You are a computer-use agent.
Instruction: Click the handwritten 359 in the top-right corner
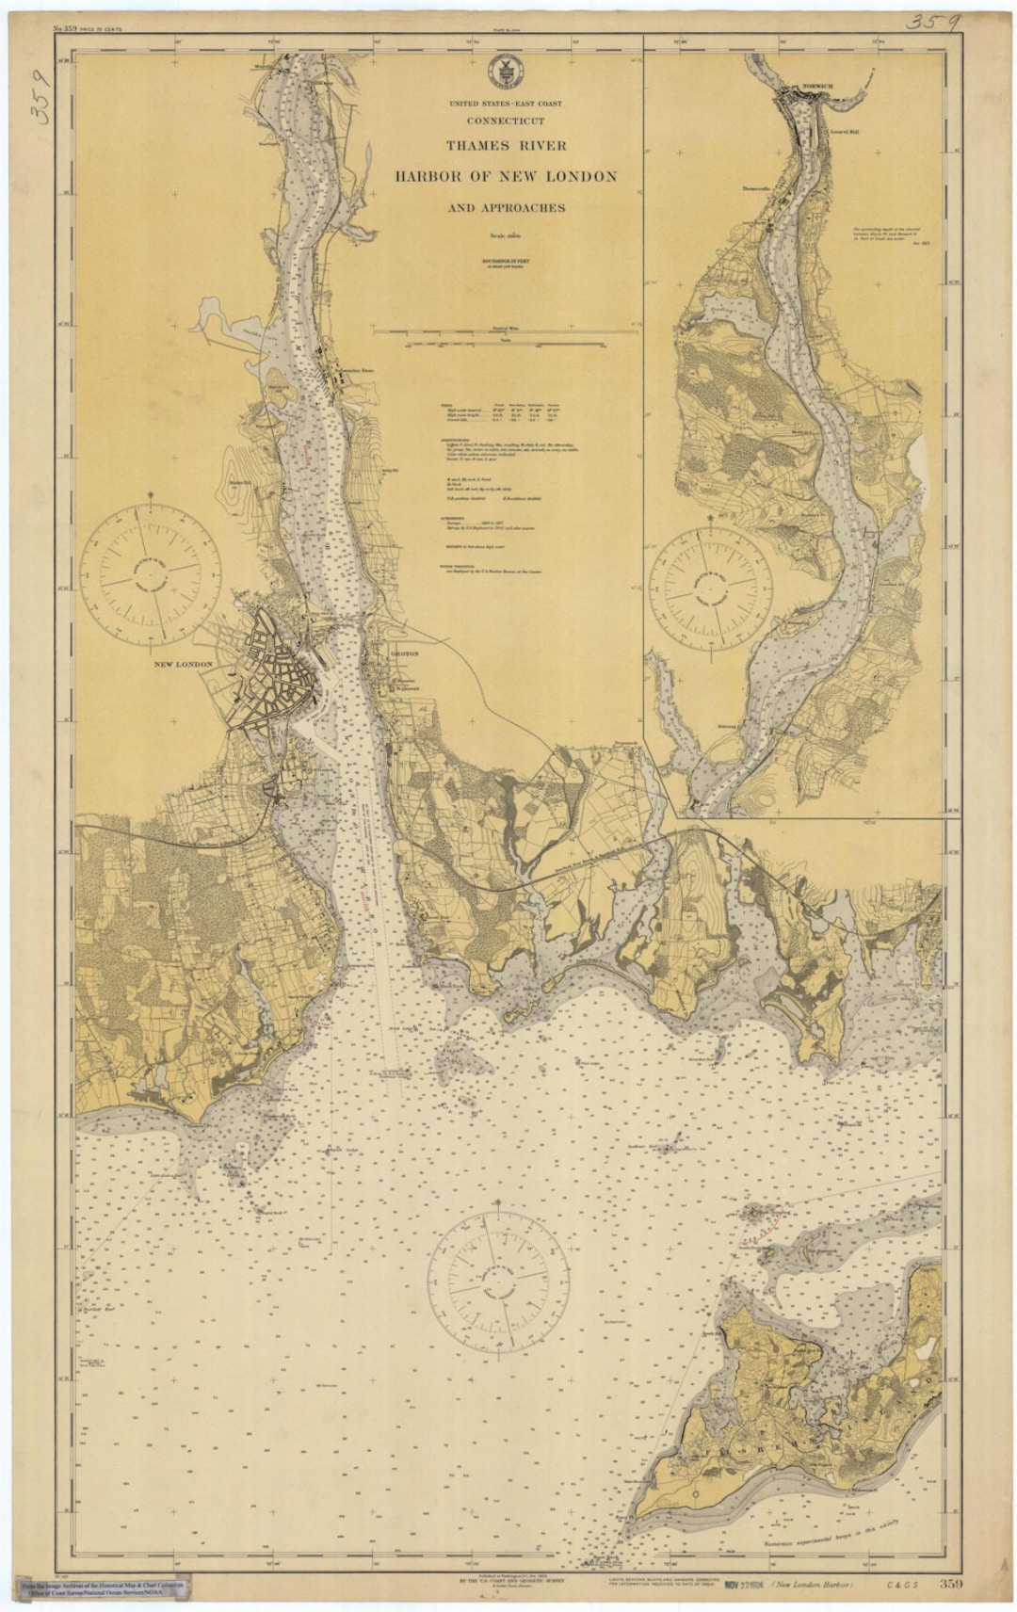tap(932, 21)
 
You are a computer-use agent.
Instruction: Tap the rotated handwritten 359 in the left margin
tap(40, 96)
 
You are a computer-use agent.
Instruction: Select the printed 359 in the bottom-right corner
tap(950, 1584)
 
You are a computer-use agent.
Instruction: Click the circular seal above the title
tap(506, 72)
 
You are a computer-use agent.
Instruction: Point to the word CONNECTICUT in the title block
tap(506, 121)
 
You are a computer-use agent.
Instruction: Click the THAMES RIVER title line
tap(506, 145)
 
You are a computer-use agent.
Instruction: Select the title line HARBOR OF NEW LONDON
tap(506, 176)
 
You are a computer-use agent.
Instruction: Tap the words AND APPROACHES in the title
tap(506, 208)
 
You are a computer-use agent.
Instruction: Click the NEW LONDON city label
tap(184, 665)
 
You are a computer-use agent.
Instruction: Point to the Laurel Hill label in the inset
tap(846, 132)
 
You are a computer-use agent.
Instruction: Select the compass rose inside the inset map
tap(711, 583)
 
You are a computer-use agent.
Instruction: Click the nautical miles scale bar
tap(506, 332)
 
